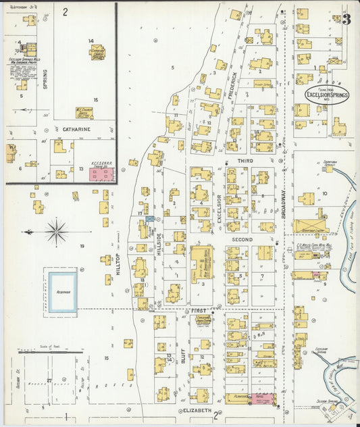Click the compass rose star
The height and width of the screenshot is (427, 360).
(x=57, y=232)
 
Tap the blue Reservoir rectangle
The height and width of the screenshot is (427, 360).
(x=61, y=291)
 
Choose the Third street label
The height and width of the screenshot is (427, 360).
(x=245, y=161)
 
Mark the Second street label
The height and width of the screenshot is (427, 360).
(x=242, y=240)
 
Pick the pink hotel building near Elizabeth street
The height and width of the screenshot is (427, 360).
(x=263, y=399)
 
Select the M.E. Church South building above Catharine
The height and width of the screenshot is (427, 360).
(x=84, y=112)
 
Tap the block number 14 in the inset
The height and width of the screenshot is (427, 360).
(x=91, y=41)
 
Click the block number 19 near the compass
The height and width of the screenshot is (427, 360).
(x=82, y=247)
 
